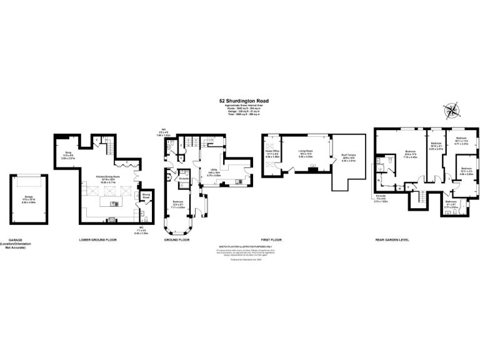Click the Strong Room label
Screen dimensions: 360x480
[146, 195]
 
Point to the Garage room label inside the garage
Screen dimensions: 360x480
[28, 198]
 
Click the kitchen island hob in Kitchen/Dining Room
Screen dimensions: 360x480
[114, 204]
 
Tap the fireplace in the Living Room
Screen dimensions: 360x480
[312, 168]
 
